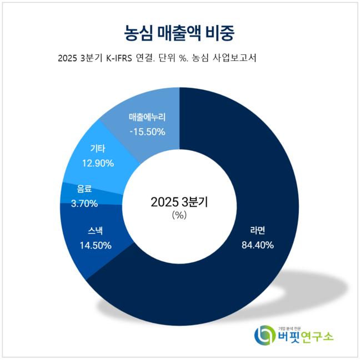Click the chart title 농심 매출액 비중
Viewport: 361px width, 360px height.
[x=179, y=32]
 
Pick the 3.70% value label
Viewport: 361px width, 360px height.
[x=84, y=203]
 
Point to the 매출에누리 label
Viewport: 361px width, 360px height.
[x=147, y=118]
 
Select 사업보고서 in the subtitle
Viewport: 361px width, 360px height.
[x=239, y=59]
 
